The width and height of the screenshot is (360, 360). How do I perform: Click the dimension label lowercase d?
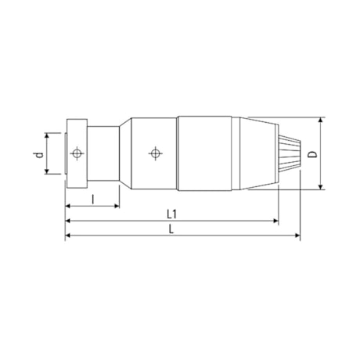[37, 153]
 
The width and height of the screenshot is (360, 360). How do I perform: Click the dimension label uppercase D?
[312, 154]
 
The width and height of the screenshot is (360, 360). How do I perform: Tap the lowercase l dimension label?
[92, 200]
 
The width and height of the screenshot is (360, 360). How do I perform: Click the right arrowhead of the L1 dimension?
[275, 221]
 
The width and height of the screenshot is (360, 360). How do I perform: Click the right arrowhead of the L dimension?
[297, 235]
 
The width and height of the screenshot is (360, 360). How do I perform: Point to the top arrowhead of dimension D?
[321, 121]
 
